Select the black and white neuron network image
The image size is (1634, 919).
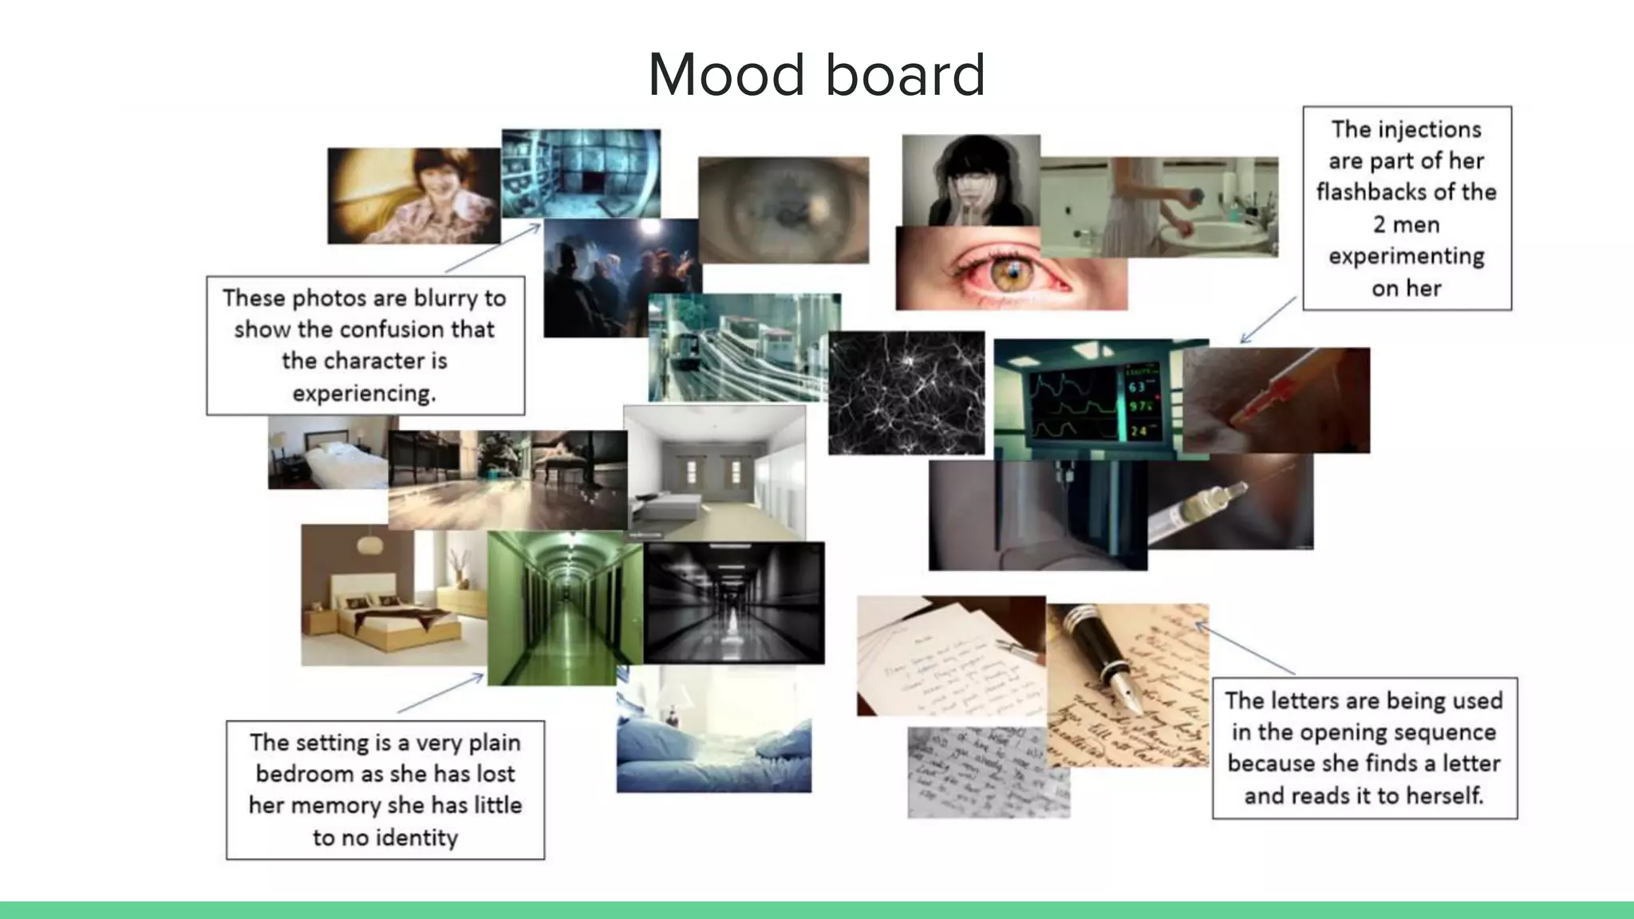pyautogui.click(x=906, y=392)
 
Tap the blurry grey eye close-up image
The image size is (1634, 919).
pyautogui.click(x=783, y=209)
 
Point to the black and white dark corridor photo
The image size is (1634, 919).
pyautogui.click(x=733, y=603)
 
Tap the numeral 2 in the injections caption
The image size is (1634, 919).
pyautogui.click(x=1379, y=225)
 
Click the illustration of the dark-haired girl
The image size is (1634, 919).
pyautogui.click(x=971, y=180)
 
